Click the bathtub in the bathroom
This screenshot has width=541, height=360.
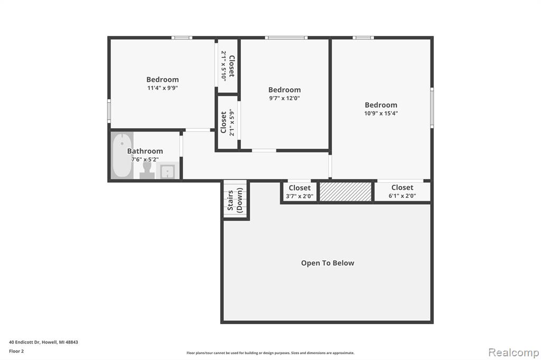(x=122, y=155)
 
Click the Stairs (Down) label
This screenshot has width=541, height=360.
(x=235, y=201)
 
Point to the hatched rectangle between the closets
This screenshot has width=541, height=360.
(x=346, y=192)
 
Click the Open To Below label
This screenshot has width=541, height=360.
(x=328, y=263)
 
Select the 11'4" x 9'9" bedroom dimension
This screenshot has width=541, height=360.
(x=163, y=88)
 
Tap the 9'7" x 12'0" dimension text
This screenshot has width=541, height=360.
(x=285, y=98)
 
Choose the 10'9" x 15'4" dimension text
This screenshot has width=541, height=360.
(x=381, y=113)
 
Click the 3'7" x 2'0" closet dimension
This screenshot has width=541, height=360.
(x=300, y=196)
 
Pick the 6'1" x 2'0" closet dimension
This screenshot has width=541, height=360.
(x=402, y=196)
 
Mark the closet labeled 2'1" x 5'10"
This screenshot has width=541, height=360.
(x=228, y=66)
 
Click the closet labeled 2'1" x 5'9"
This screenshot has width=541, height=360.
(x=227, y=122)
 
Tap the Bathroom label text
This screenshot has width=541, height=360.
(x=145, y=151)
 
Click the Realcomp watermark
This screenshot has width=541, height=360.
(x=514, y=353)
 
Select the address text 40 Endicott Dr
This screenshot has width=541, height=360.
(x=24, y=343)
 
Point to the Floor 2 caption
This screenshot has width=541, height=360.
(x=16, y=352)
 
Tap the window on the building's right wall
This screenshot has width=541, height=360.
(x=432, y=108)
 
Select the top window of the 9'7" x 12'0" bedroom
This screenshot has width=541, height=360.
(x=286, y=37)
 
